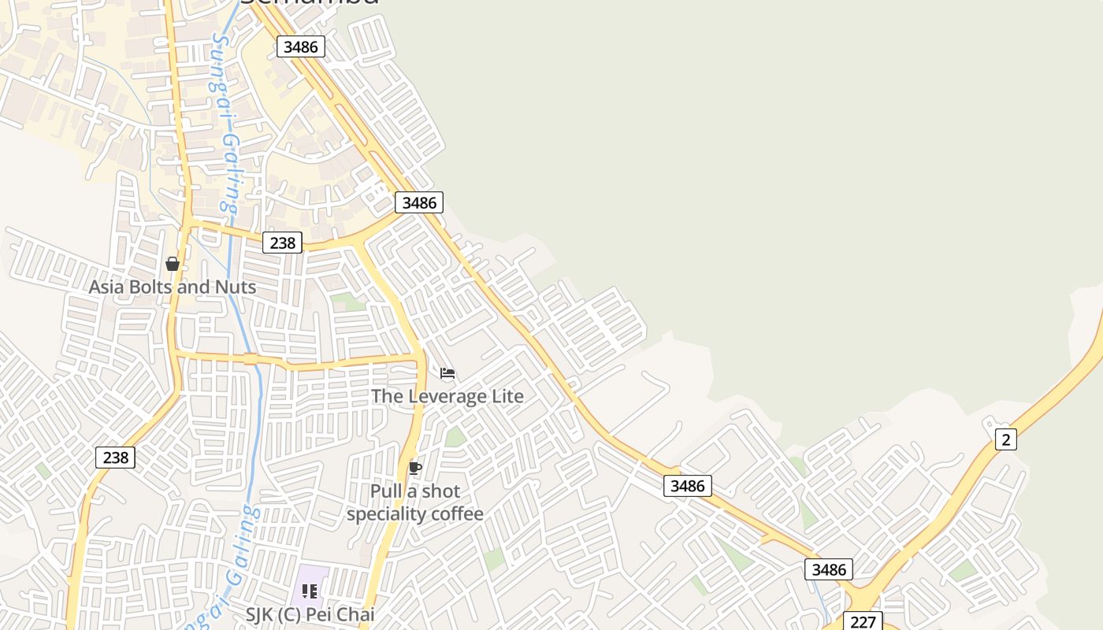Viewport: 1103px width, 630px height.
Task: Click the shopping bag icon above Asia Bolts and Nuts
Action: click(173, 264)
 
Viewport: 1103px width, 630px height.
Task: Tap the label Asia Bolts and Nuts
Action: click(173, 287)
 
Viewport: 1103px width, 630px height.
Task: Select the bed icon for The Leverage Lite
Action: click(448, 373)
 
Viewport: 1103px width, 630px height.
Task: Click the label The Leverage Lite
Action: click(448, 396)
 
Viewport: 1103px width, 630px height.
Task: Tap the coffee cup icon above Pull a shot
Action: click(415, 469)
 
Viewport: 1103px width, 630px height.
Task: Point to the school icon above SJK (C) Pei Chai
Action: click(310, 591)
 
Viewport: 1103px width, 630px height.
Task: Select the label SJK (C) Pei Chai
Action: click(310, 614)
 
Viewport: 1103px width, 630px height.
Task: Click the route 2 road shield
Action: click(1005, 439)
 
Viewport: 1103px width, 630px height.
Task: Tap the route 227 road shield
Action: click(863, 621)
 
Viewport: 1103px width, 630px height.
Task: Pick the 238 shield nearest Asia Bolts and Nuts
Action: click(282, 243)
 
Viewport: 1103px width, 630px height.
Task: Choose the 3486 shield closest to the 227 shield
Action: click(829, 569)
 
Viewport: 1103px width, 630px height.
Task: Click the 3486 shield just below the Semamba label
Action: click(301, 46)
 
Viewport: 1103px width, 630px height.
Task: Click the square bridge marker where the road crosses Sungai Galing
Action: click(251, 359)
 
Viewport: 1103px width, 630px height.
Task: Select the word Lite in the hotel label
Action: click(507, 396)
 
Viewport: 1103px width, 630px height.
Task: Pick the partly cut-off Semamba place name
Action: click(309, 3)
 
